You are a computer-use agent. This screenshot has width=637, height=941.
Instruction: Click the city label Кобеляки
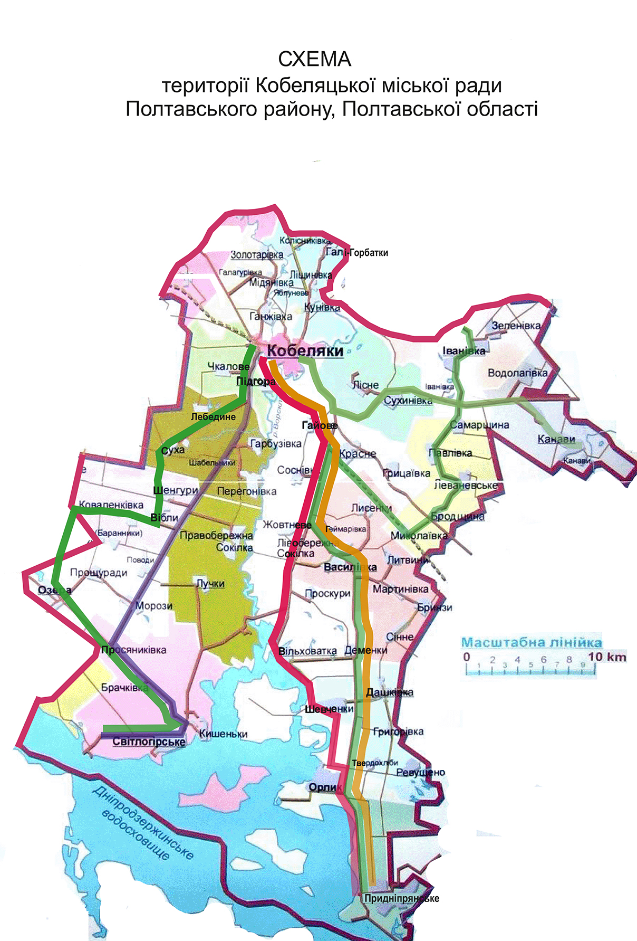point(305,351)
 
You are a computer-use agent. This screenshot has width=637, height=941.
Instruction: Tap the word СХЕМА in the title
point(314,59)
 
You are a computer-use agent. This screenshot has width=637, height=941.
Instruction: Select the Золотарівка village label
point(257,255)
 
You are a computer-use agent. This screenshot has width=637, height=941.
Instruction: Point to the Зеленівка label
point(516,326)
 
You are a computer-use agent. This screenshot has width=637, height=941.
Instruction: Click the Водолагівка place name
point(517,373)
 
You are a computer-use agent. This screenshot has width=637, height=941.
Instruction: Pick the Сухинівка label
point(408,401)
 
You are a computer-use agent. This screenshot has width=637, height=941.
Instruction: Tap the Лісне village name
point(365,385)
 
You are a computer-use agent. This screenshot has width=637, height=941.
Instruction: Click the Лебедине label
point(213,416)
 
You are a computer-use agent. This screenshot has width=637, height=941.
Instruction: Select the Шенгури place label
point(175,490)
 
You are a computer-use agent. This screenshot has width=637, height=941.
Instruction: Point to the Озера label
point(55,590)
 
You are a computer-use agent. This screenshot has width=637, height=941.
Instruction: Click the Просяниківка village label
point(133,650)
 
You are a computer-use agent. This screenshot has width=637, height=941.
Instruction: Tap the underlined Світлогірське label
point(149,742)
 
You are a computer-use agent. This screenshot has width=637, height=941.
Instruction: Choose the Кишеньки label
point(223,734)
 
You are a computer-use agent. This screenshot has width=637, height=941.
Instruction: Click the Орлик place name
point(323,787)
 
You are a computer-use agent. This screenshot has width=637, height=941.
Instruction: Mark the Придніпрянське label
point(401,898)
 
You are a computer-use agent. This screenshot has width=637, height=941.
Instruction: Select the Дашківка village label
point(389,692)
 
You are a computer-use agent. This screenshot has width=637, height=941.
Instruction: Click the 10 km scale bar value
point(607,657)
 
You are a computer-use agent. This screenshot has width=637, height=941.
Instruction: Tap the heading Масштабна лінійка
point(531,642)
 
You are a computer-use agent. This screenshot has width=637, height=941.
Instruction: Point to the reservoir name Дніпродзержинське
point(143,822)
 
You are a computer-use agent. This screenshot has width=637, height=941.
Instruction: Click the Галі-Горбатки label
point(357,252)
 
